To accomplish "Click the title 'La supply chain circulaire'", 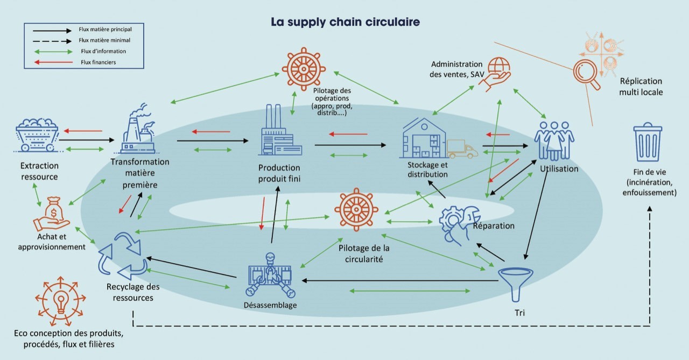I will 344,23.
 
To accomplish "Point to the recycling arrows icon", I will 122,256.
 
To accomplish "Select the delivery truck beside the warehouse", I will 462,149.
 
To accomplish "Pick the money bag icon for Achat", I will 53,213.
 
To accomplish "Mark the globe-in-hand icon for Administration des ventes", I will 495,73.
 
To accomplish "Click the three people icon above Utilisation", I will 554,140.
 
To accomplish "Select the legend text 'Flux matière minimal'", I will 104,40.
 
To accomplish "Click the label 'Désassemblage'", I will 270,306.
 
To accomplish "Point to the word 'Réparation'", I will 494,225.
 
